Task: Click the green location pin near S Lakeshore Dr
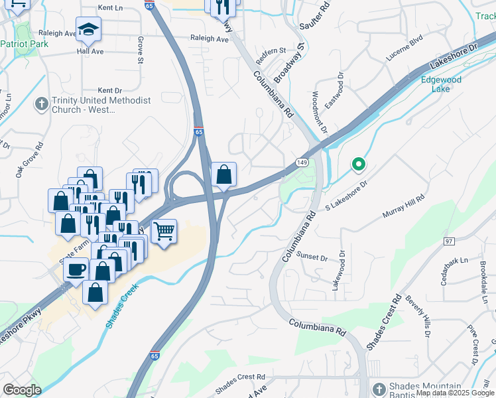pyautogui.click(x=359, y=163)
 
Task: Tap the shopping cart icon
pyautogui.click(x=164, y=232)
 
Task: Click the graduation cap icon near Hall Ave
pyautogui.click(x=88, y=29)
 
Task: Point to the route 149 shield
pyautogui.click(x=301, y=162)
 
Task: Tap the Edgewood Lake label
pyautogui.click(x=441, y=84)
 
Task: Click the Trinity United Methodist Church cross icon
pyautogui.click(x=41, y=104)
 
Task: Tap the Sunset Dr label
pyautogui.click(x=312, y=257)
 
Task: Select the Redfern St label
pyautogui.click(x=271, y=51)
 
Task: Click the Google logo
pyautogui.click(x=22, y=390)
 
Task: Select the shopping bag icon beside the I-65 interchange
pyautogui.click(x=224, y=174)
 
